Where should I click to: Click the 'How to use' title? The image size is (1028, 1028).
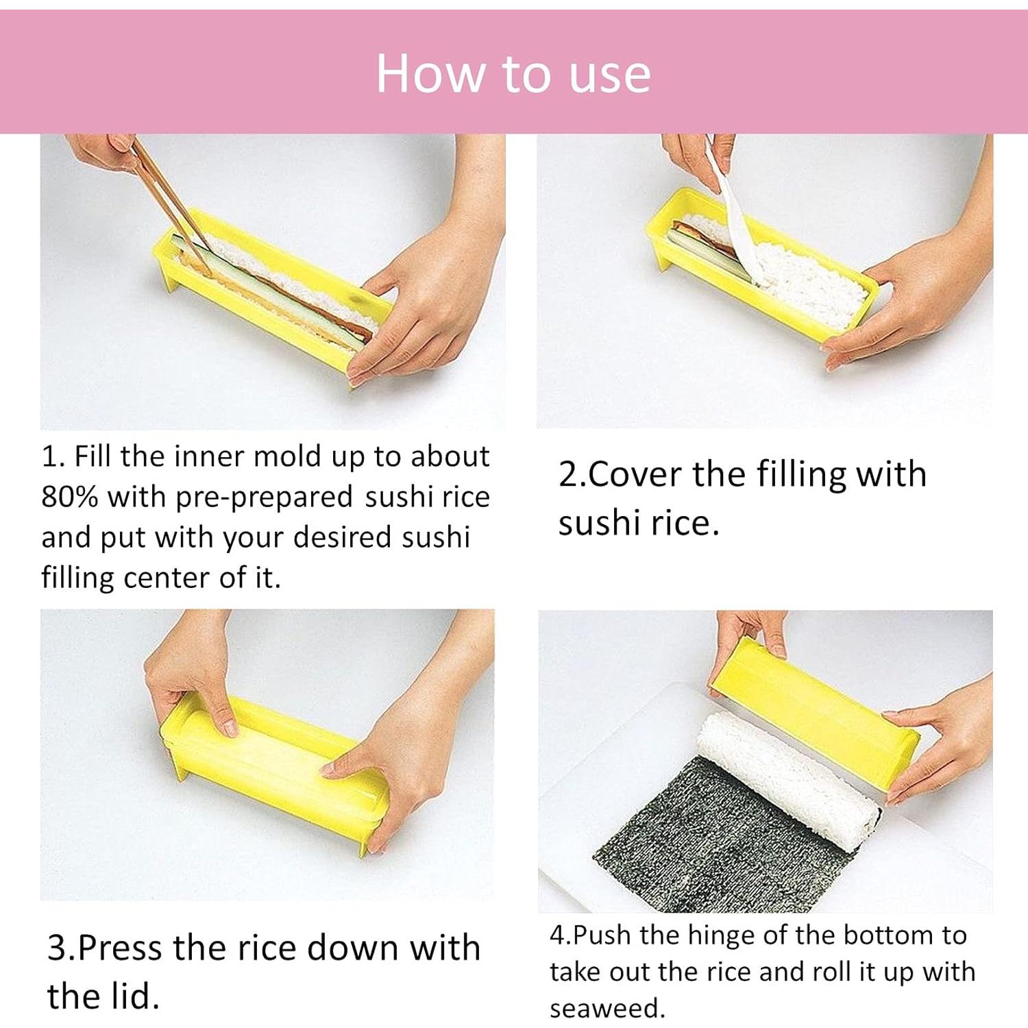click(x=513, y=73)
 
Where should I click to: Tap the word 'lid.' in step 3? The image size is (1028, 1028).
click(x=130, y=996)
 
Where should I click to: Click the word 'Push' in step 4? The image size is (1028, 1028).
click(x=601, y=935)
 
